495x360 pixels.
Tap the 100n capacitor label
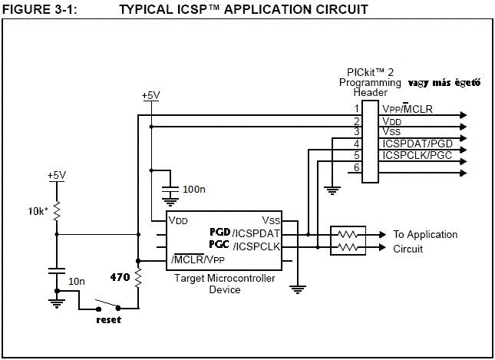[194, 188]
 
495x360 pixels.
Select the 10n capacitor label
[77, 282]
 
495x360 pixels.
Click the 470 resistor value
[119, 276]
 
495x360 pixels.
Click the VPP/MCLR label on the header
[407, 109]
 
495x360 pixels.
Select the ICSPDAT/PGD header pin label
[415, 144]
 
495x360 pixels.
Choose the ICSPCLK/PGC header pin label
[415, 155]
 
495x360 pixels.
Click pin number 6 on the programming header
[357, 167]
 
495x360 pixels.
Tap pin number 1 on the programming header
[357, 109]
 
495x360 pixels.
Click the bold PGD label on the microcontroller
[220, 232]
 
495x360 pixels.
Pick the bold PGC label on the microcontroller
[220, 246]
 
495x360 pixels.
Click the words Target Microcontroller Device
[224, 283]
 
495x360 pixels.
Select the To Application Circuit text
[424, 242]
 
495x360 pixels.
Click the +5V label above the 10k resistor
[57, 175]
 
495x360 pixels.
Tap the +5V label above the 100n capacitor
[151, 95]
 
